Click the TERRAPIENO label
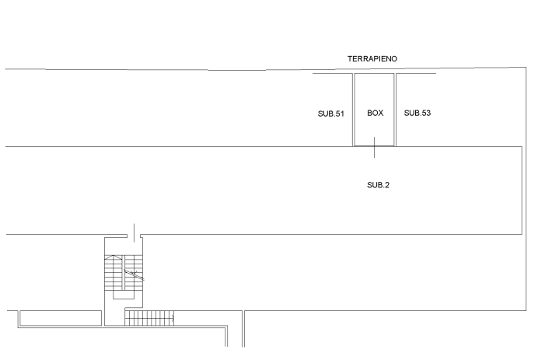point(372,59)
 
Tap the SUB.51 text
point(330,114)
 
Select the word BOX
point(376,114)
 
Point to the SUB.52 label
point(417,114)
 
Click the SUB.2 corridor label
point(378,185)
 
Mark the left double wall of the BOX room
point(354,109)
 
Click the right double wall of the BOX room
point(396,109)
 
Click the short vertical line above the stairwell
point(134,232)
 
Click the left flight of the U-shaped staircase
point(115,276)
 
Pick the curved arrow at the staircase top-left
point(114,257)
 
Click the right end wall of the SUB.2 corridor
point(521,190)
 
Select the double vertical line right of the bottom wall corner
point(243,329)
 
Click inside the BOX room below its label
point(375,131)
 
